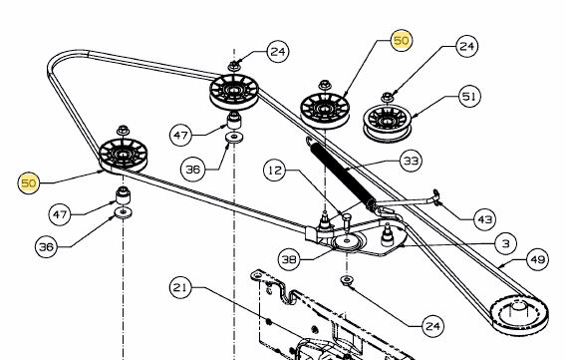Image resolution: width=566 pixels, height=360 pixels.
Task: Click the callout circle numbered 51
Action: [469, 97]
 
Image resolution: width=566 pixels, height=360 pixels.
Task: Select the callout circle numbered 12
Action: [275, 170]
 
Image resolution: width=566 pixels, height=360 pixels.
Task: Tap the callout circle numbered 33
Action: [411, 161]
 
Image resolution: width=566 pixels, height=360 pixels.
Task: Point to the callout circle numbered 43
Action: [484, 219]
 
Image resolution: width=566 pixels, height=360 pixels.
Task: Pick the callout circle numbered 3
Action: [506, 243]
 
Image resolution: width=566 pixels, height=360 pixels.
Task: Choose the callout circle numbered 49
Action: [538, 259]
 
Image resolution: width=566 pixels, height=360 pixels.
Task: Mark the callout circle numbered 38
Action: [289, 259]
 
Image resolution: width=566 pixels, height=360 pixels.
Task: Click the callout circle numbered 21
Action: [180, 287]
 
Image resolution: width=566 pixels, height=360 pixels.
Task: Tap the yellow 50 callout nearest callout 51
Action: [401, 40]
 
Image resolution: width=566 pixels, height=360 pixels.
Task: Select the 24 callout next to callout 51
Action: [467, 46]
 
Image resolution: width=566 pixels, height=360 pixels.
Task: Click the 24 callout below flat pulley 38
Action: [432, 326]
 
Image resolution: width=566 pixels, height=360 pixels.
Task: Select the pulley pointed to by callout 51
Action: [387, 123]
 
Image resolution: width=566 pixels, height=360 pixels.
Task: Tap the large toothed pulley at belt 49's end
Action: [519, 315]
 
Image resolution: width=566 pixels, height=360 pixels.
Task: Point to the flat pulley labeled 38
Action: [347, 241]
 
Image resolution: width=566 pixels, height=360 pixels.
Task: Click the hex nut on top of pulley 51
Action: [388, 97]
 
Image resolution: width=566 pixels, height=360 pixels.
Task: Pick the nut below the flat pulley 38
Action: [347, 280]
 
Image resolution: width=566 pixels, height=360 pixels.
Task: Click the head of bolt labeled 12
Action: [347, 217]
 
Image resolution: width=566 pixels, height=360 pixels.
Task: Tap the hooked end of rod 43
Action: [436, 197]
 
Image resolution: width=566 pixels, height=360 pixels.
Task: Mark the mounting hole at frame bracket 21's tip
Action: [257, 276]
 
